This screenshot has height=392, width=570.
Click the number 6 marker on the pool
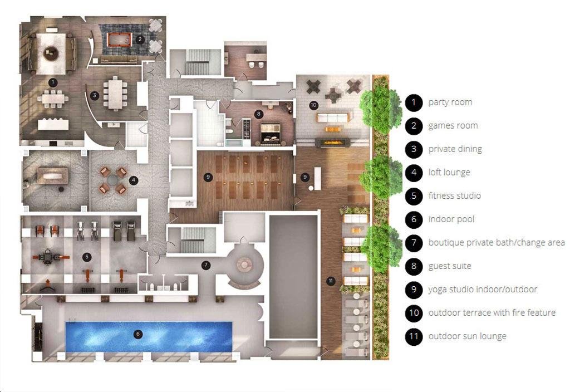pos(138,334)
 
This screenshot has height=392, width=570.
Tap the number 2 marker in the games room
pos(140,40)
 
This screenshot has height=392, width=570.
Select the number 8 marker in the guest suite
pos(258,114)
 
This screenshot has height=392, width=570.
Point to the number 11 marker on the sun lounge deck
pos(331,281)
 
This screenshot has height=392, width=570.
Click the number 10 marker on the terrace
pos(313,105)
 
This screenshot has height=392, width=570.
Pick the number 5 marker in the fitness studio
pos(86,257)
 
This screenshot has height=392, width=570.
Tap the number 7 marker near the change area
pos(206,265)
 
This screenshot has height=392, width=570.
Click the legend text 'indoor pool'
pos(451,219)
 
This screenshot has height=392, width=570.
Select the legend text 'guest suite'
pos(450,266)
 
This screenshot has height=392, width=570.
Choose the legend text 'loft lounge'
pos(449,173)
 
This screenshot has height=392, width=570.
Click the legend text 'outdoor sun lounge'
pos(467,336)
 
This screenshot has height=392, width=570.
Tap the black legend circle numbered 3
pos(414,149)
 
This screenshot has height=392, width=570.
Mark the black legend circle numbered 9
pos(414,290)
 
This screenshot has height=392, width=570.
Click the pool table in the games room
pos(119,40)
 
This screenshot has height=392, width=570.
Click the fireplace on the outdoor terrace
pos(333,143)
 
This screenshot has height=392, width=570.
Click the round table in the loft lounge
pos(112,180)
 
